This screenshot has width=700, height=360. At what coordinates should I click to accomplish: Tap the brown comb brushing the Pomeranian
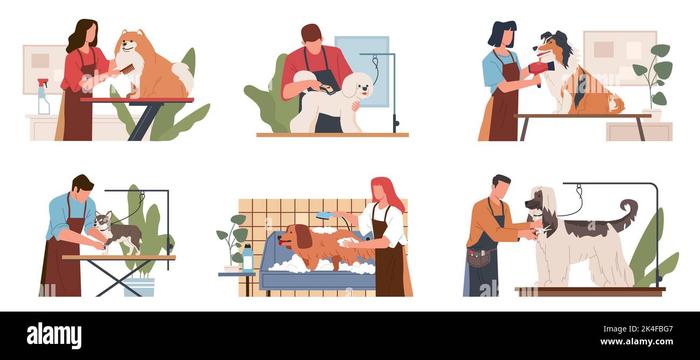click(x=128, y=69)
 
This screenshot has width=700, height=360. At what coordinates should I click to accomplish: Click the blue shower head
click(x=326, y=215)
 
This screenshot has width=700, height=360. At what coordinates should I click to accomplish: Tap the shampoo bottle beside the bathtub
click(x=248, y=258)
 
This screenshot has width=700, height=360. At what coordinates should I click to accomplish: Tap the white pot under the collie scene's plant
click(x=652, y=115)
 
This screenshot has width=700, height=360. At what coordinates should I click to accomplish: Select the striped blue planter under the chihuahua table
click(x=139, y=287)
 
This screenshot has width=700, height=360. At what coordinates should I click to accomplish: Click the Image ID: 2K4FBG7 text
click(x=638, y=329)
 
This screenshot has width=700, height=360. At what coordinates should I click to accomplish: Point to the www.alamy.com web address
click(x=636, y=342)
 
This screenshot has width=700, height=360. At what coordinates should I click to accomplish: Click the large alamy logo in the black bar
click(x=54, y=336)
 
